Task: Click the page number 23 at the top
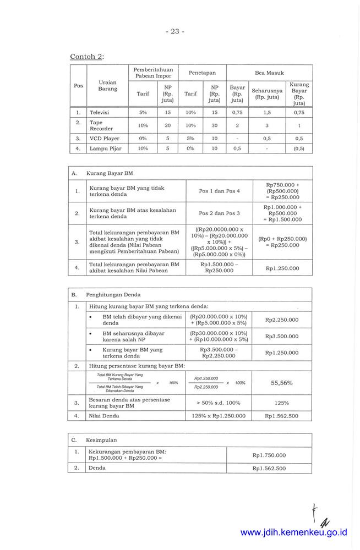pos(175,31)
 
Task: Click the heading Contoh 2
pos(86,56)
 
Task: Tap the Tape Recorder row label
pos(101,125)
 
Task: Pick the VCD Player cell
pos(105,139)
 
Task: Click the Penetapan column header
pos(202,73)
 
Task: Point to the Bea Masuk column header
pos(269,73)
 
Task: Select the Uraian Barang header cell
pos(107,85)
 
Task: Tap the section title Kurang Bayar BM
pos(110,173)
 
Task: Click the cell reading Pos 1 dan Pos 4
pos(219,191)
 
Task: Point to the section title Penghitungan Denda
pos(113,295)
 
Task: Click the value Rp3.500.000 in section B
pos(281,336)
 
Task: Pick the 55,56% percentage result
pos(282,382)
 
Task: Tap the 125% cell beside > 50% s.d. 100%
pos(282,403)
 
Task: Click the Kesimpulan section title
pos(101,440)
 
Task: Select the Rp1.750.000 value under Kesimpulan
pos(269,455)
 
